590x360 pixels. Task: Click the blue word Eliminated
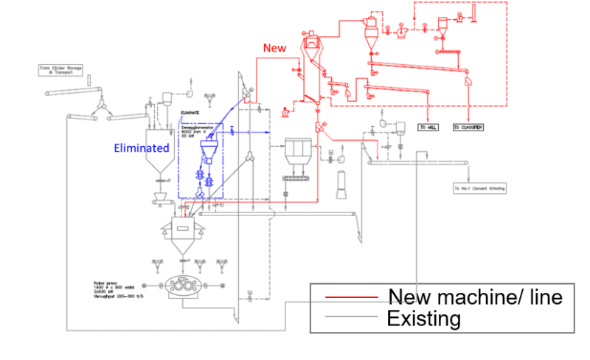click(142, 148)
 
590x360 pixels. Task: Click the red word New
click(274, 48)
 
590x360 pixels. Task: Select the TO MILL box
click(428, 127)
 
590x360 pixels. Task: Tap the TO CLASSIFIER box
click(468, 127)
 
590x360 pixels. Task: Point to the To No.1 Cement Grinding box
click(479, 188)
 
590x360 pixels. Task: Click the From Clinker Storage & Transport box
click(61, 70)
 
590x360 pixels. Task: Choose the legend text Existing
click(423, 319)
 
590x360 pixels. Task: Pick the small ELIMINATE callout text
click(190, 113)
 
